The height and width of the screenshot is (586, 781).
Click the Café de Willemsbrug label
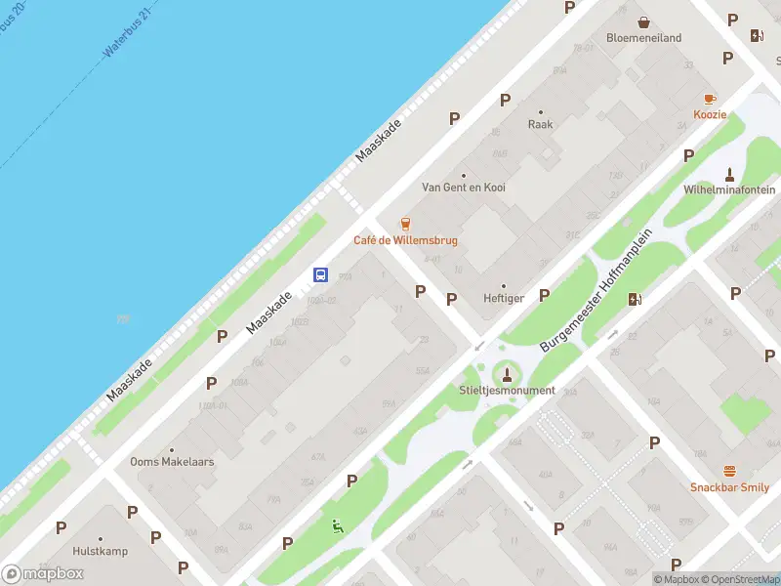pyautogui.click(x=405, y=240)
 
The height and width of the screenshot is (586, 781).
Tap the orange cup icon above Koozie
pyautogui.click(x=710, y=99)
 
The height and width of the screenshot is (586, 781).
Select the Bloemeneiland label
pyautogui.click(x=643, y=38)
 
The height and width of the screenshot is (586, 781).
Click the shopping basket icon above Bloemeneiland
pyautogui.click(x=643, y=21)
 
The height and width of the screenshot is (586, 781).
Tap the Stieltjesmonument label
pyautogui.click(x=506, y=391)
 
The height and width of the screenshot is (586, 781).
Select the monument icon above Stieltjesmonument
pyautogui.click(x=506, y=373)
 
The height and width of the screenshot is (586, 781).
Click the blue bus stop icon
pyautogui.click(x=320, y=274)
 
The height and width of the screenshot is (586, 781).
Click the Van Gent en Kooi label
pyautogui.click(x=464, y=188)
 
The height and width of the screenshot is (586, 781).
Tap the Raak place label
pyautogui.click(x=540, y=125)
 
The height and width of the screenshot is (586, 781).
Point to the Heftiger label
pyautogui.click(x=504, y=299)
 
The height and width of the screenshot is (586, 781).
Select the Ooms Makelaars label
pyautogui.click(x=172, y=462)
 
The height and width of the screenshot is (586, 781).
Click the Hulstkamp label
pyautogui.click(x=100, y=551)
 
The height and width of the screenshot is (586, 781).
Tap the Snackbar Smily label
pyautogui.click(x=729, y=487)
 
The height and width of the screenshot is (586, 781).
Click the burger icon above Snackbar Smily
pyautogui.click(x=729, y=471)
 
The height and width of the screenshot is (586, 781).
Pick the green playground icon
pyautogui.click(x=338, y=526)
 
